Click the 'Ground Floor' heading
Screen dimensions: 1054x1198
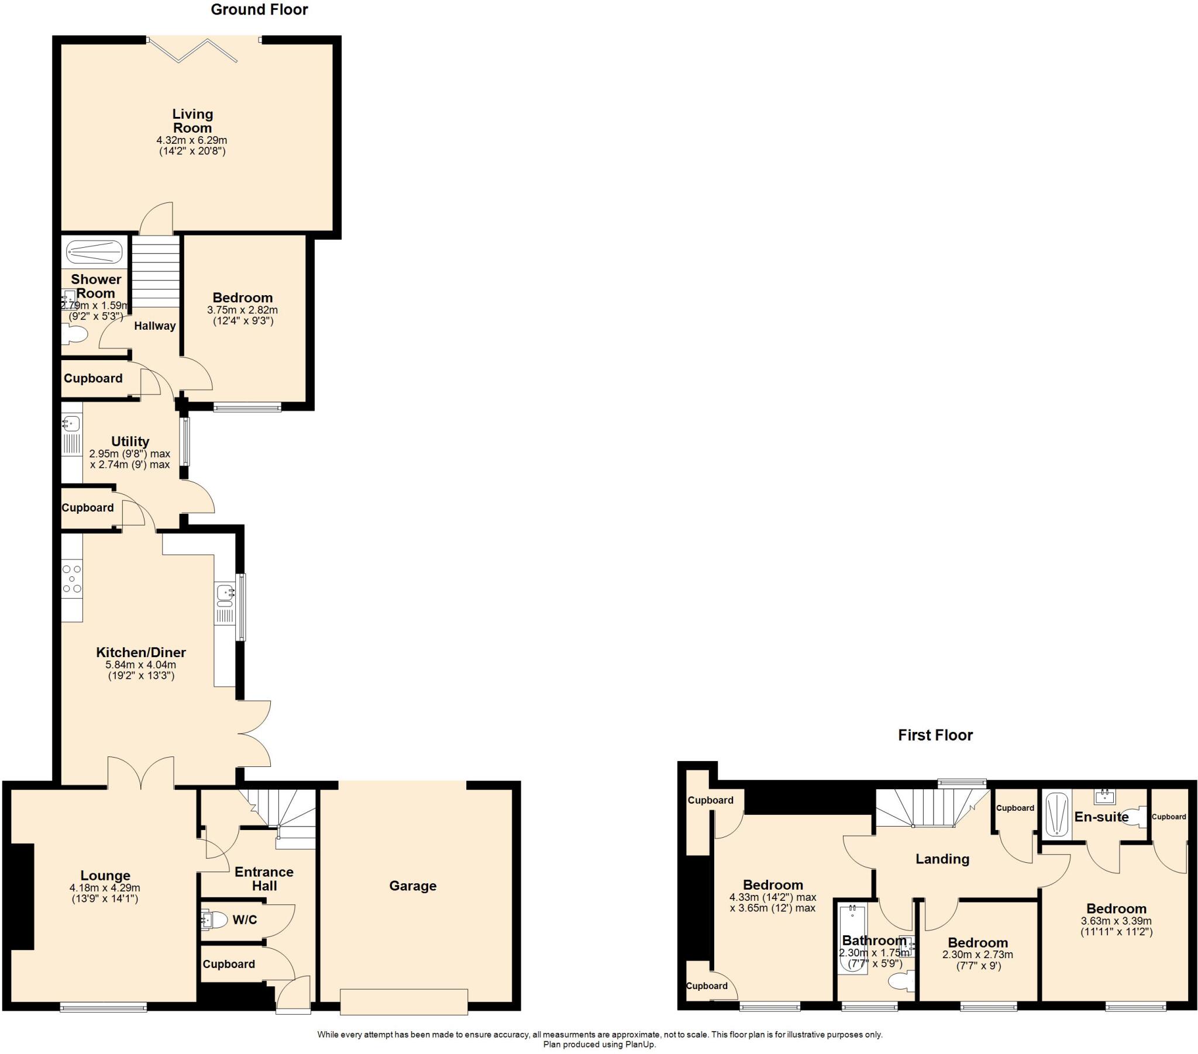tap(259, 9)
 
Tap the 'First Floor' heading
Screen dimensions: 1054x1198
tap(935, 735)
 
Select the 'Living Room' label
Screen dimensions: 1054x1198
tap(192, 121)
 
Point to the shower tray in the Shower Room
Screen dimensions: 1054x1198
tap(94, 252)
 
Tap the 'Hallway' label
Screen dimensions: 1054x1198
tap(155, 326)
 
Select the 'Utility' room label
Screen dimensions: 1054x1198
tap(130, 441)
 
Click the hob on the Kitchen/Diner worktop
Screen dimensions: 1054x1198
tap(72, 578)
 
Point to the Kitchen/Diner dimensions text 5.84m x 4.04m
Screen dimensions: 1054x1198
tap(140, 665)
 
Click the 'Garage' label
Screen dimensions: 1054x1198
tap(412, 886)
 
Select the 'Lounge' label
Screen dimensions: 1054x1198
tap(105, 876)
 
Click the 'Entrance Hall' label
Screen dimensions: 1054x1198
tap(264, 879)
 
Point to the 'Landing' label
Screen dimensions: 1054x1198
tap(942, 859)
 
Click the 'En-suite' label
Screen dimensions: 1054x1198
tap(1101, 817)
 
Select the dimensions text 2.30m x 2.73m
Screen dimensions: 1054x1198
tap(977, 955)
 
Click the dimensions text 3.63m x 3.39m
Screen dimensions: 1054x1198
tap(1116, 921)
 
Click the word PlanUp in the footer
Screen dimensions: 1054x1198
tap(642, 1045)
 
